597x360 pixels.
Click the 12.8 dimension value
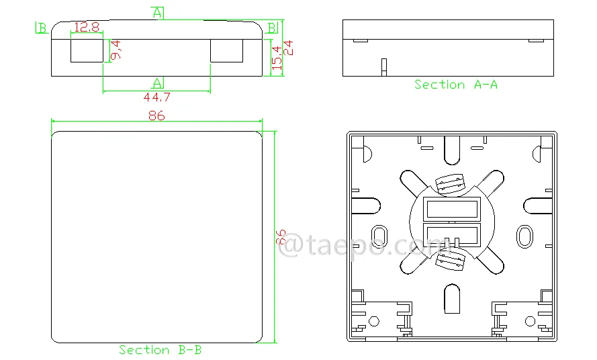click(x=87, y=27)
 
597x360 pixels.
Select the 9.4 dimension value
click(x=116, y=50)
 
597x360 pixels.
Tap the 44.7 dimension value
click(x=157, y=97)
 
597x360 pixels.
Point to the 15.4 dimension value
click(x=277, y=58)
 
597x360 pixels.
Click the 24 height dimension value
click(x=288, y=48)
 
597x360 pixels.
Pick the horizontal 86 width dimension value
click(x=156, y=116)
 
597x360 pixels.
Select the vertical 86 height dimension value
click(x=281, y=236)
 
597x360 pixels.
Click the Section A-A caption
click(x=456, y=85)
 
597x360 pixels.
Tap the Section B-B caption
click(x=160, y=350)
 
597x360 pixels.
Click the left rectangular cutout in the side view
click(x=87, y=50)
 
